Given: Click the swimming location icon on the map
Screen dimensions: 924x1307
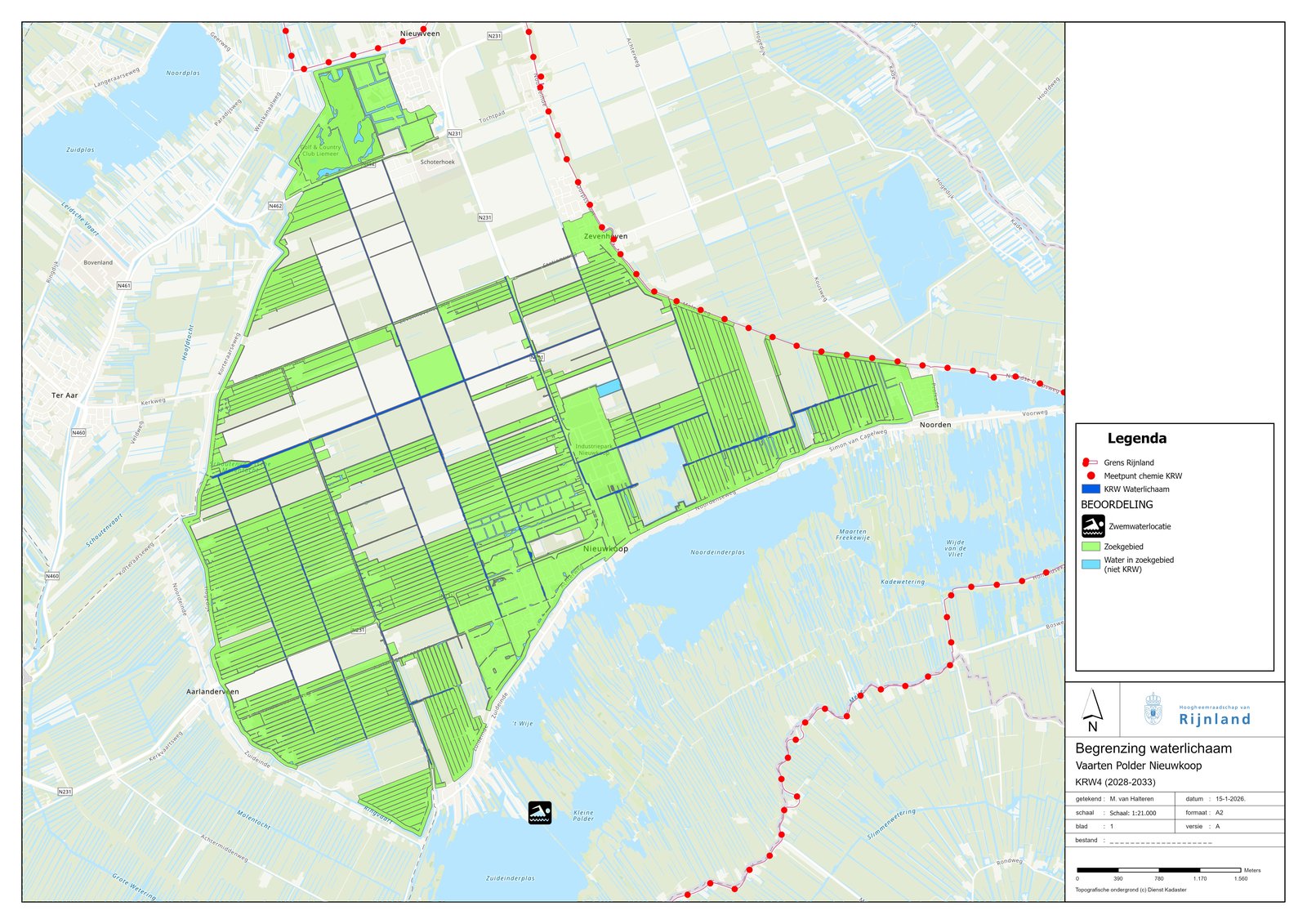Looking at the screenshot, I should [540, 812].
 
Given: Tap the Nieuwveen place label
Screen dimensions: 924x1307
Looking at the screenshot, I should [420, 33].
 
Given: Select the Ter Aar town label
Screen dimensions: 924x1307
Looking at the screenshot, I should [65, 395].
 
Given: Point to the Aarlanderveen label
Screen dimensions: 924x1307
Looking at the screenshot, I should [212, 691].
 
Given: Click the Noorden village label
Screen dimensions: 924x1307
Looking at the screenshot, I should [935, 425].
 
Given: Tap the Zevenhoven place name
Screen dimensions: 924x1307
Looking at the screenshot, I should [605, 236].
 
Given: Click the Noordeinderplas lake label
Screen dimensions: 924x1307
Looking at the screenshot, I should [717, 552].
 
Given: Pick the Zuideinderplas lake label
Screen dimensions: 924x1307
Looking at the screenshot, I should [510, 878].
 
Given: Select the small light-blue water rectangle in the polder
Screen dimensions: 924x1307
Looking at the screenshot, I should [609, 389].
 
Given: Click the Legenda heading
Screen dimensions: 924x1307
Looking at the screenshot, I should [1136, 439].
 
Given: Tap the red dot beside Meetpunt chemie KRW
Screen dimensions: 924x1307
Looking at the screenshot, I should [1091, 475].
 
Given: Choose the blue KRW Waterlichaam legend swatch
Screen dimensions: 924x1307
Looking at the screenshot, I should [1091, 489].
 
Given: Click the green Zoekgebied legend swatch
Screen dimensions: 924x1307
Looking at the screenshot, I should [1091, 547].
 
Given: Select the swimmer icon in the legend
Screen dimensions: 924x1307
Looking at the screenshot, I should [1093, 526].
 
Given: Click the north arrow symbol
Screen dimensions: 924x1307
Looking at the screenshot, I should [1092, 710].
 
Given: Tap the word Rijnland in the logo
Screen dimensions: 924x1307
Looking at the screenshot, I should [1215, 719].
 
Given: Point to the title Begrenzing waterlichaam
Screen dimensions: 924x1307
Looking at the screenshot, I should [1153, 748].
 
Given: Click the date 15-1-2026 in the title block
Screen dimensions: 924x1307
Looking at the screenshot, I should [1229, 799].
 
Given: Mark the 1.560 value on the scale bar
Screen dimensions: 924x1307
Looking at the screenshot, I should [1241, 878].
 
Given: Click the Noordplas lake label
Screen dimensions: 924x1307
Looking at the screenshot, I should [183, 74].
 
